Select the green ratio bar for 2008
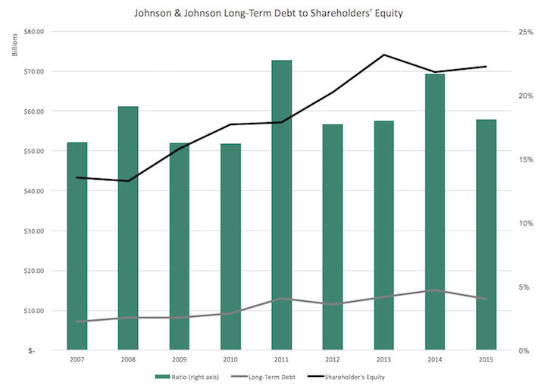(128, 227)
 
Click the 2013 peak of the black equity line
(383, 55)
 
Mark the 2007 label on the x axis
(77, 359)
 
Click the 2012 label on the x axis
(333, 359)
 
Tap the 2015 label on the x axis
(486, 359)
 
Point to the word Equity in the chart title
(386, 13)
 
